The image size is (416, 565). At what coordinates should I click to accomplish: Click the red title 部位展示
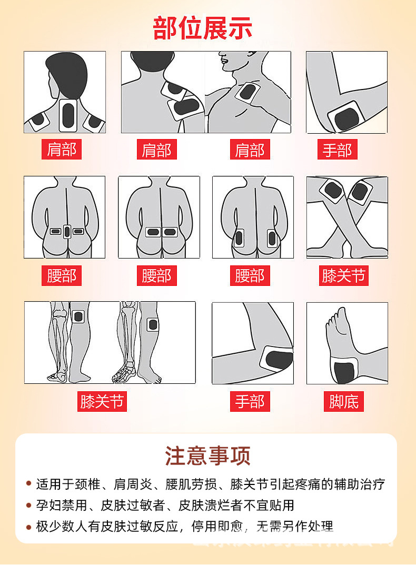(203, 28)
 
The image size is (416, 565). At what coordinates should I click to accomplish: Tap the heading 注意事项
(207, 456)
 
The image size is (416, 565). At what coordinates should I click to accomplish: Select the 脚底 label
(343, 402)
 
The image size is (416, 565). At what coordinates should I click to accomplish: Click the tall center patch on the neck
(68, 116)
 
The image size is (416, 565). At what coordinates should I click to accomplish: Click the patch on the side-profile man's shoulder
(247, 93)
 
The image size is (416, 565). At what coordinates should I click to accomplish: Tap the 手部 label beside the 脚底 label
(250, 402)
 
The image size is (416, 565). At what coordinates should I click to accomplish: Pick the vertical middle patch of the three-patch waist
(67, 231)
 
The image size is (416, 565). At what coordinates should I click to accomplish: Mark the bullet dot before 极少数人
(28, 527)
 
